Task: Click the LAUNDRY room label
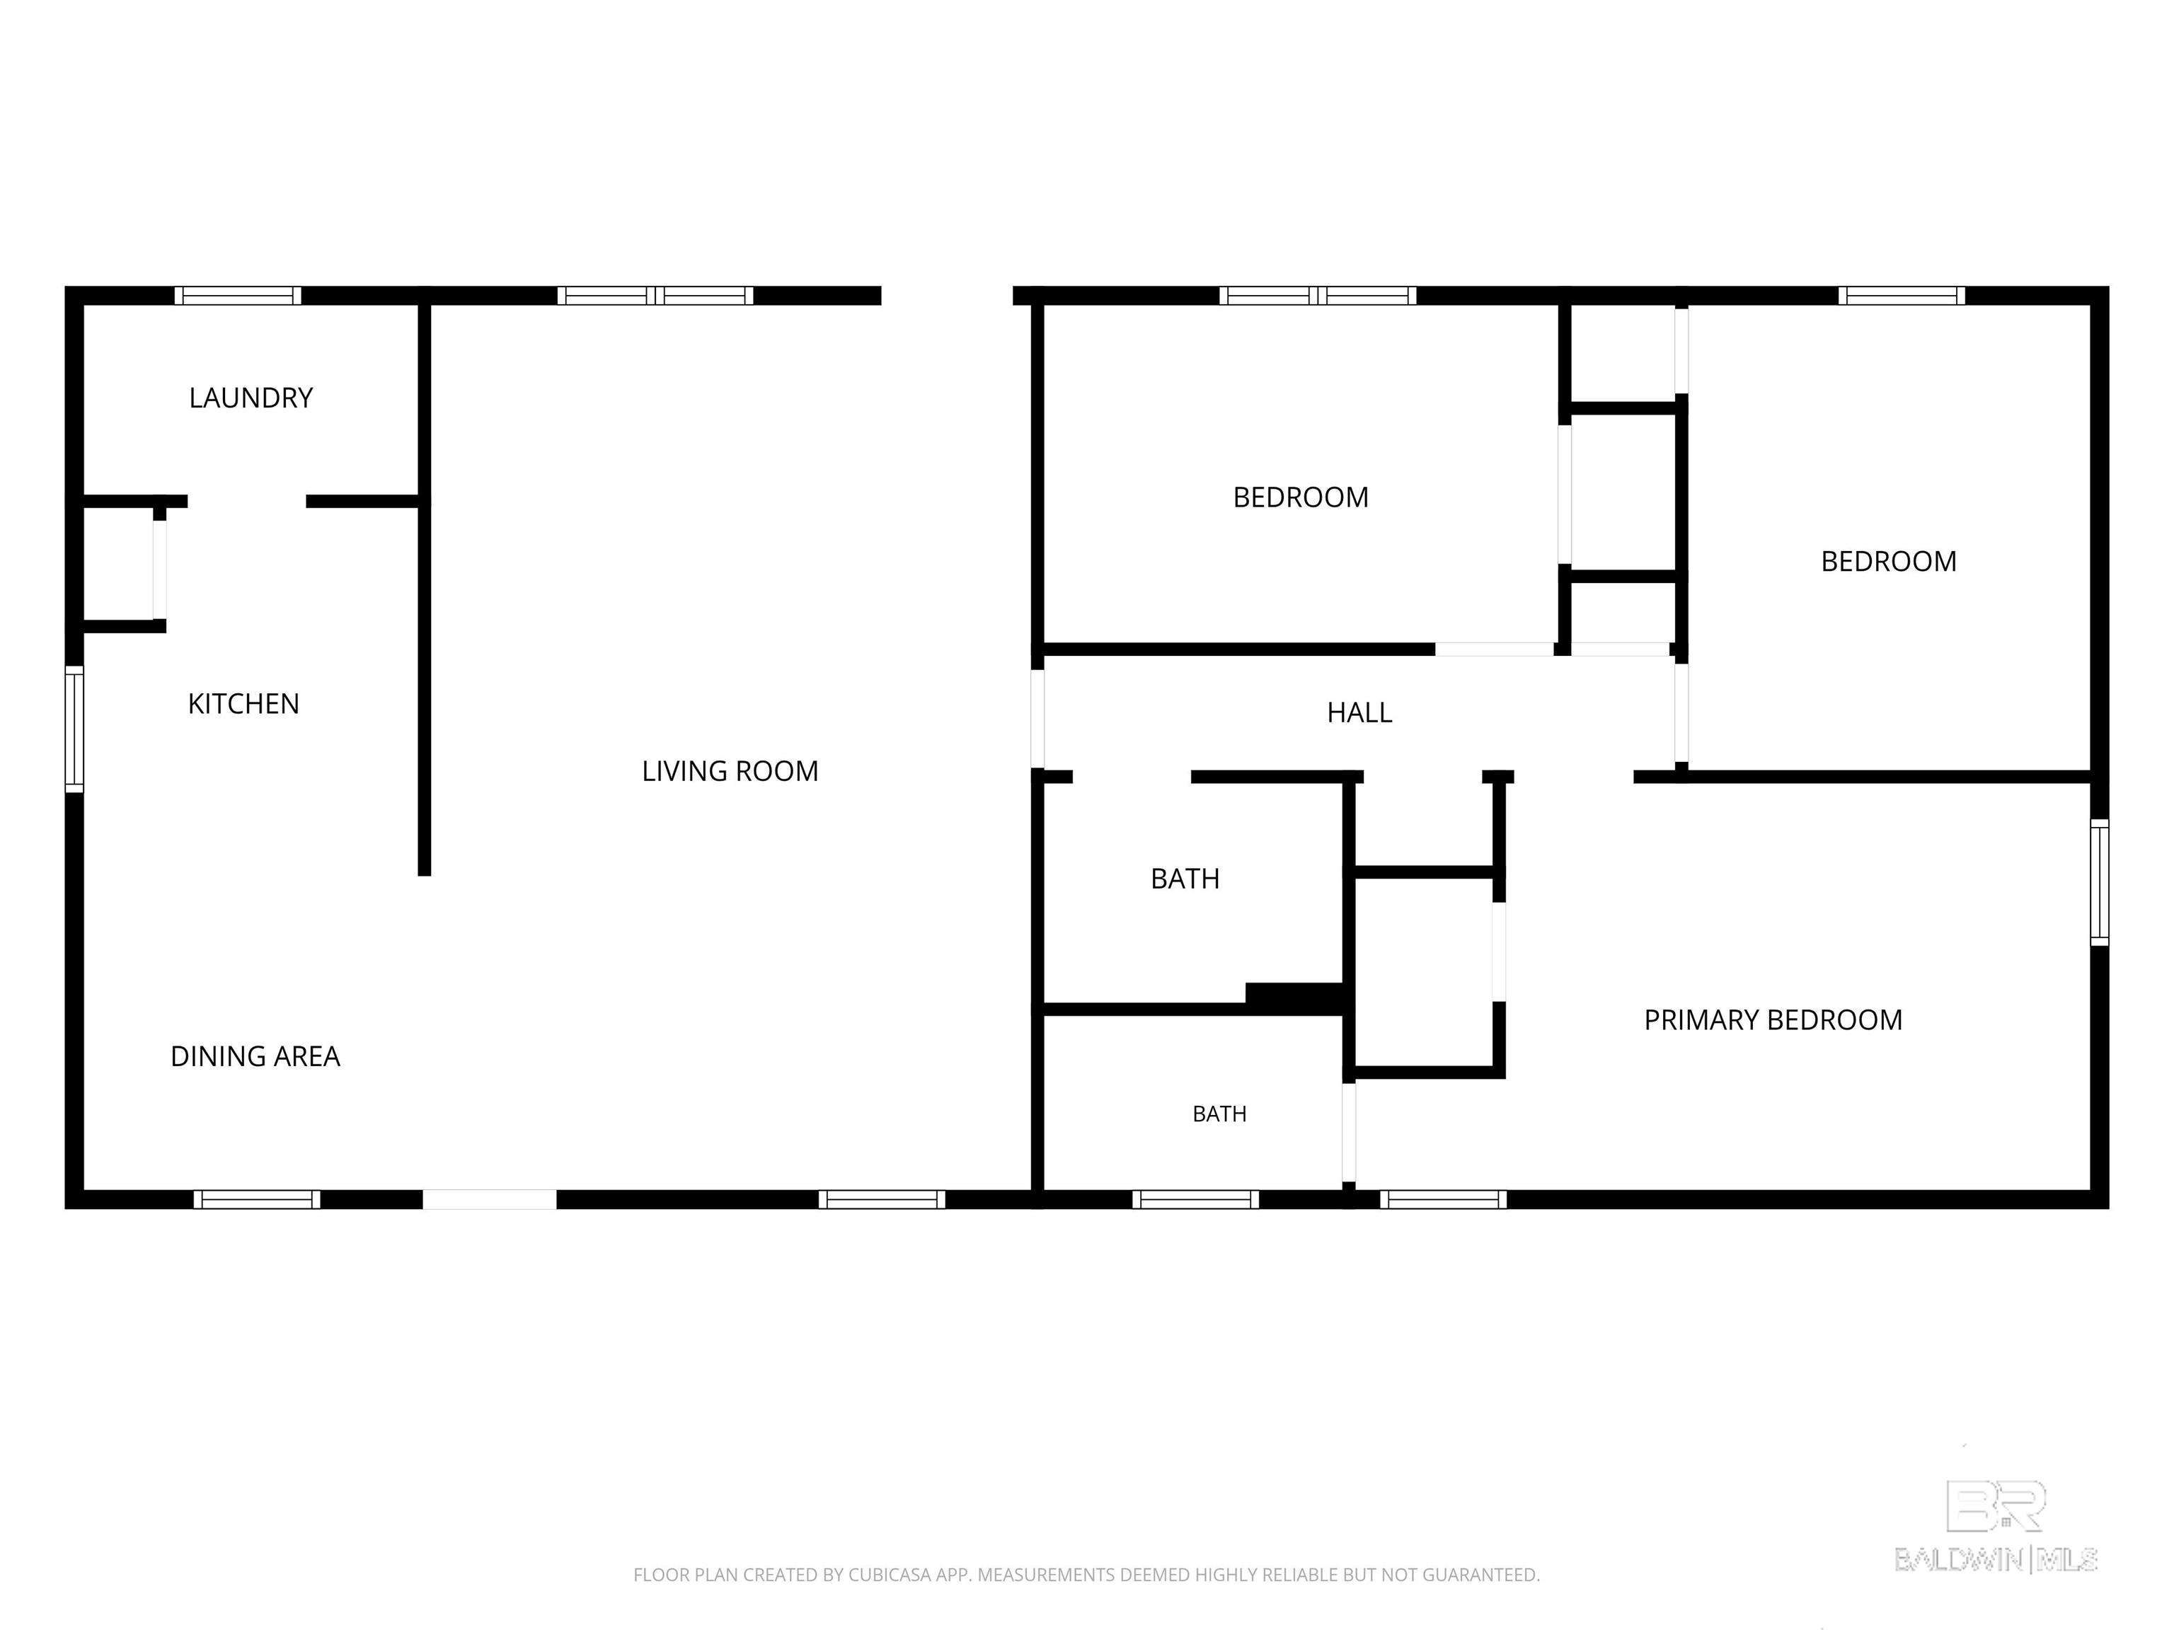click(251, 398)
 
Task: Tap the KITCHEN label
click(243, 703)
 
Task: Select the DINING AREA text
click(255, 1056)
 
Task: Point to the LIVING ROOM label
click(730, 771)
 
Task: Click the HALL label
click(1359, 712)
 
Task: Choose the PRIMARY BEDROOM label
click(1773, 1020)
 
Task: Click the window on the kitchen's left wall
click(74, 729)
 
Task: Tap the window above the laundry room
click(238, 296)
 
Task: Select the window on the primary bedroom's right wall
click(2099, 882)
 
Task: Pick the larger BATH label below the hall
click(1185, 879)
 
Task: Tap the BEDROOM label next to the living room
click(1300, 497)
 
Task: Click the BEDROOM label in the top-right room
click(1888, 561)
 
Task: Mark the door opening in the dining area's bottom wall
click(490, 1200)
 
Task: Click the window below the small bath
click(1195, 1200)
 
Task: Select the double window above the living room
click(655, 296)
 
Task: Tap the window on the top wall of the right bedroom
click(1902, 296)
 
